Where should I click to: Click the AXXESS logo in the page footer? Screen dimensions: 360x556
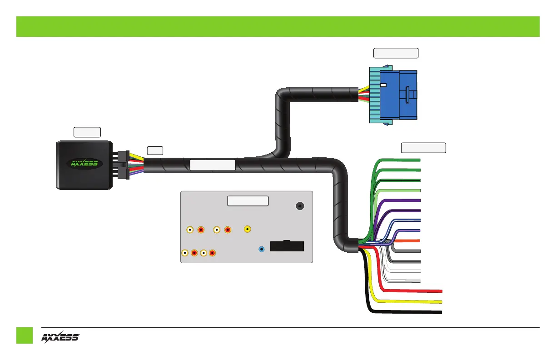pyautogui.click(x=60, y=337)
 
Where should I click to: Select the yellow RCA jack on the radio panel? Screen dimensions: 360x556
pyautogui.click(x=247, y=230)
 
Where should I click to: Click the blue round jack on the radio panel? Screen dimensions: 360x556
pyautogui.click(x=262, y=249)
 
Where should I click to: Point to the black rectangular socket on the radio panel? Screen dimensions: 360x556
pyautogui.click(x=287, y=246)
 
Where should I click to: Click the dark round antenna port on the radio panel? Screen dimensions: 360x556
pyautogui.click(x=300, y=206)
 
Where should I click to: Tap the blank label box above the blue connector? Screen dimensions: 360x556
pyautogui.click(x=396, y=53)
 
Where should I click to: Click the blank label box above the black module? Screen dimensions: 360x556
pyautogui.click(x=87, y=132)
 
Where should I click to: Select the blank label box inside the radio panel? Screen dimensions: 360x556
pyautogui.click(x=248, y=201)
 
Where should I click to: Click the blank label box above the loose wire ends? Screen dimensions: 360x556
pyautogui.click(x=423, y=148)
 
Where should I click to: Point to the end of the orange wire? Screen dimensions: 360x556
pyautogui.click(x=419, y=240)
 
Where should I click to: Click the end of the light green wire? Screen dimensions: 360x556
pyautogui.click(x=419, y=190)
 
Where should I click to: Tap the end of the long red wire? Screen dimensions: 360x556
pyautogui.click(x=441, y=290)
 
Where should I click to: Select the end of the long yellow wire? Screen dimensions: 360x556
pyautogui.click(x=441, y=301)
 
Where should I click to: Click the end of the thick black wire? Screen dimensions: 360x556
pyautogui.click(x=441, y=312)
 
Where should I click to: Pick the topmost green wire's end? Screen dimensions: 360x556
pyautogui.click(x=419, y=160)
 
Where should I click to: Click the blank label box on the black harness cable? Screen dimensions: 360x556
pyautogui.click(x=212, y=165)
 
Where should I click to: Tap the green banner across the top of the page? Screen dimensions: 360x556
pyautogui.click(x=278, y=26)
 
